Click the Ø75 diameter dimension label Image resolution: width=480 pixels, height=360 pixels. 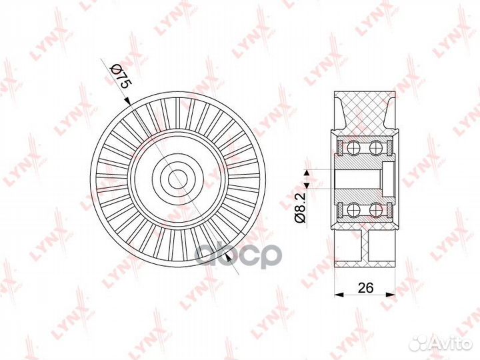(x=120, y=77)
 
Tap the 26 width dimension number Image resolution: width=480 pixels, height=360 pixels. (x=365, y=287)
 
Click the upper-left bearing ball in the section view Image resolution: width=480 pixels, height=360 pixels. (x=354, y=148)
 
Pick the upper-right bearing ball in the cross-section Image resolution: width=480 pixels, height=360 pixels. (x=376, y=148)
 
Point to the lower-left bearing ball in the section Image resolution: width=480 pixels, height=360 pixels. (x=354, y=210)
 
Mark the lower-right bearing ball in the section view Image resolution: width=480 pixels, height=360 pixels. (x=376, y=210)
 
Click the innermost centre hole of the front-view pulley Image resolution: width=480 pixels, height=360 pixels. (x=178, y=179)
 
